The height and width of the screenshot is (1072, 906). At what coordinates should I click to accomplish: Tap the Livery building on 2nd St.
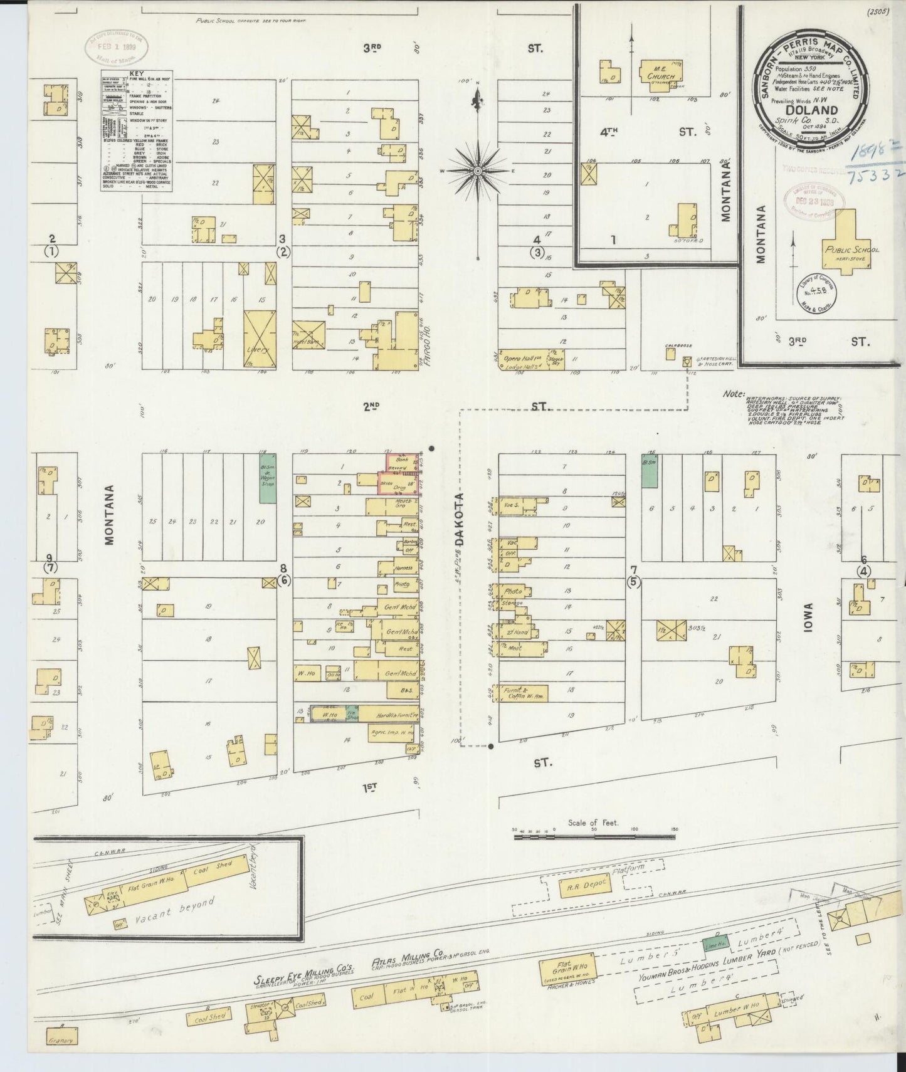[x=260, y=339]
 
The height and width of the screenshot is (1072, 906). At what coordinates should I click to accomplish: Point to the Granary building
[x=62, y=1041]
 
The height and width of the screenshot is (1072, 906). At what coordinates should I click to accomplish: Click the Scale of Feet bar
[x=594, y=836]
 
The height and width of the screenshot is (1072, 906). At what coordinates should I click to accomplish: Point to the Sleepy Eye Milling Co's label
[x=305, y=981]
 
